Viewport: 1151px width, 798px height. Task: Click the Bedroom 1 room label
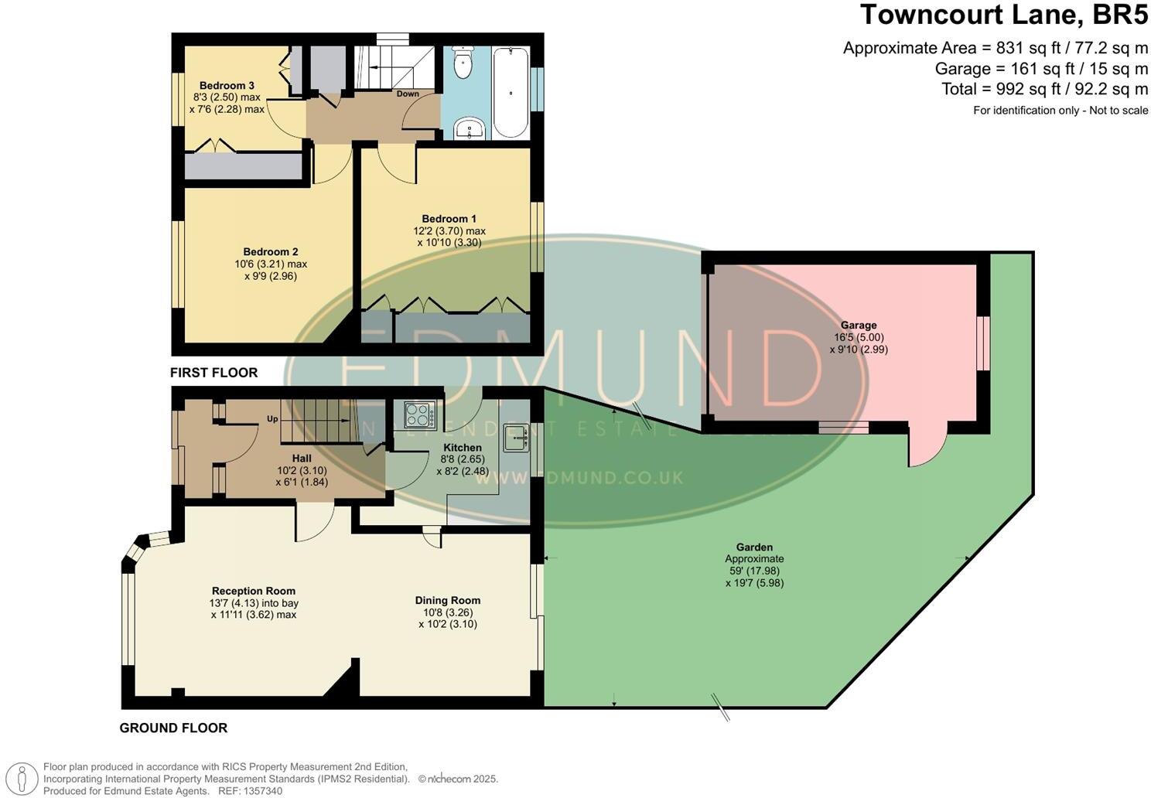(449, 219)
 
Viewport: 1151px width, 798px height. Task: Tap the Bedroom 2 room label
(271, 252)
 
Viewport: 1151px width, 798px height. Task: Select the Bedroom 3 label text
(227, 86)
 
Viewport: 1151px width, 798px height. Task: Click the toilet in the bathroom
(463, 64)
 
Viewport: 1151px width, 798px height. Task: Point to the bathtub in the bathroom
(511, 92)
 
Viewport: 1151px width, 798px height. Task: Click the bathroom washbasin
(469, 128)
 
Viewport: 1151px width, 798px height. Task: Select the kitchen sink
(515, 438)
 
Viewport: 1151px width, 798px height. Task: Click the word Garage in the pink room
(859, 326)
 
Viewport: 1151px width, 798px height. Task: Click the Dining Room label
(448, 600)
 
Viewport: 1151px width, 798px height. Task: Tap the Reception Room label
(254, 591)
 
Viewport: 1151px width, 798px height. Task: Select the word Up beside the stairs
(272, 419)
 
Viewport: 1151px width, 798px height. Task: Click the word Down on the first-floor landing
(408, 94)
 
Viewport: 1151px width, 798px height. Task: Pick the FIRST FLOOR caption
(214, 373)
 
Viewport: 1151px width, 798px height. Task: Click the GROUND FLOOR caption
(173, 728)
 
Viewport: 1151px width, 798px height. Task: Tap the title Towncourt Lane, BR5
(1004, 15)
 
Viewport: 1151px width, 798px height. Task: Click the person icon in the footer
(25, 779)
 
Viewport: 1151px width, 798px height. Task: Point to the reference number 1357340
(263, 791)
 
